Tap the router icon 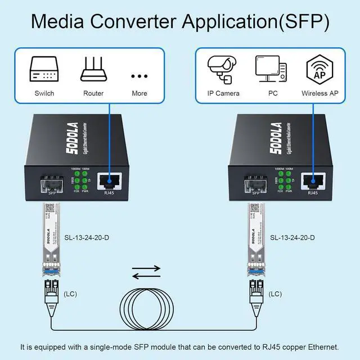(93, 70)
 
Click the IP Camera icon (223, 69)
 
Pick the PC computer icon (270, 69)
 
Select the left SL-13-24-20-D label (87, 238)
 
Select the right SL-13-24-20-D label (292, 238)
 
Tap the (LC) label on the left (71, 294)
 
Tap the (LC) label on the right (275, 294)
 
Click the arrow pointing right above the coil (146, 269)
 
